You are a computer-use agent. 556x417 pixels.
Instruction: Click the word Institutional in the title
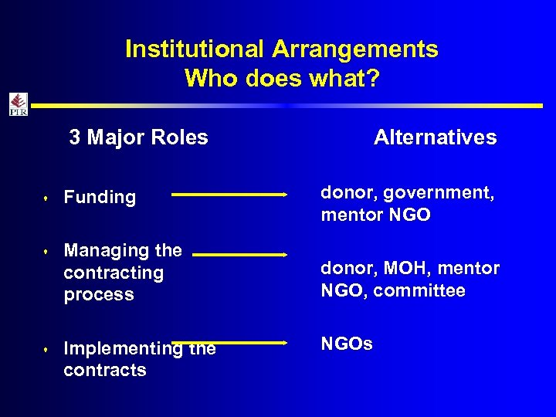195,49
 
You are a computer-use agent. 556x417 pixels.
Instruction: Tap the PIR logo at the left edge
18,104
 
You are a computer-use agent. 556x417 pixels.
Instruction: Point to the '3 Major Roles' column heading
138,137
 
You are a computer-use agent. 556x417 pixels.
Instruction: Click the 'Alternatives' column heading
435,137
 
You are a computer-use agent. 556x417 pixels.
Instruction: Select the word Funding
100,198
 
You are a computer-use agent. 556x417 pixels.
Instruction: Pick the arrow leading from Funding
229,195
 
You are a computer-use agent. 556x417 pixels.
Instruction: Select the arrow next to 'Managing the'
239,253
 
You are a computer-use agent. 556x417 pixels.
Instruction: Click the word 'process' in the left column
99,295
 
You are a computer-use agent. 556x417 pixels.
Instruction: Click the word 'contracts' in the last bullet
104,370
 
